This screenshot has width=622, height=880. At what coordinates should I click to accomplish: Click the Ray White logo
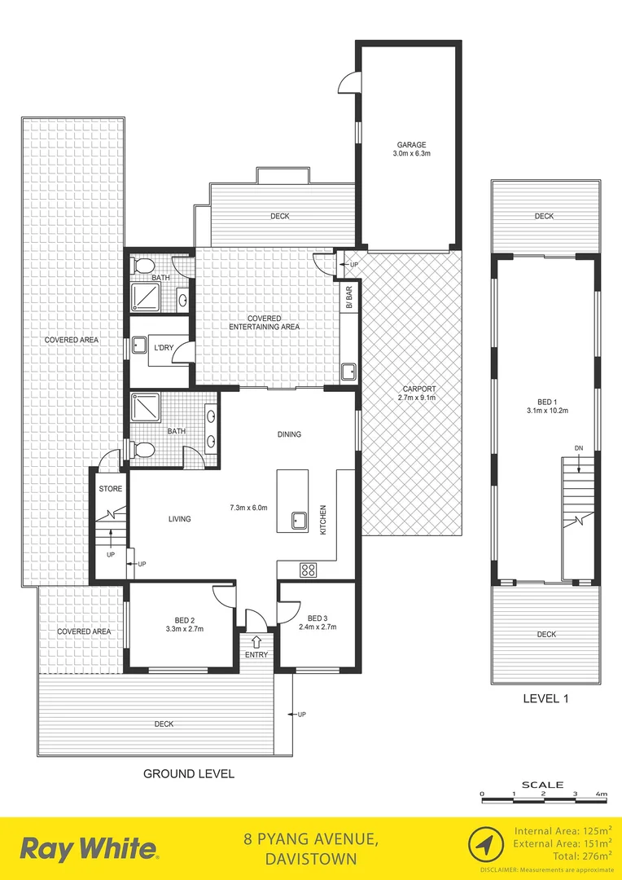click(90, 849)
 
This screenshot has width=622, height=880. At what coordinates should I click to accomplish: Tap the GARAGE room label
click(407, 145)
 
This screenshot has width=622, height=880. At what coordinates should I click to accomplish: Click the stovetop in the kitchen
click(309, 570)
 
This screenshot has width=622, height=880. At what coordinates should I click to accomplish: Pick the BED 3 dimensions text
click(318, 627)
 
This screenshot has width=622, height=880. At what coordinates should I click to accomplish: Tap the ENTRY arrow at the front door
click(257, 642)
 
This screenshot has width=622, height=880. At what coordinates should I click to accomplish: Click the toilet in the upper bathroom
click(143, 266)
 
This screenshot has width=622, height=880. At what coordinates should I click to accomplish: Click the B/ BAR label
click(348, 297)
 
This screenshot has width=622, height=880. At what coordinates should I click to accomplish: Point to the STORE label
click(110, 489)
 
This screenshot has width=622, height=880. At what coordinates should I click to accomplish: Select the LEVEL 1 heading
click(545, 698)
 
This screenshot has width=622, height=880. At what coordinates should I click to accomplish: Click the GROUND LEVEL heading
click(188, 773)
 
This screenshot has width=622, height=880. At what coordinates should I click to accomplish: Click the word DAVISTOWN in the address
click(311, 859)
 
